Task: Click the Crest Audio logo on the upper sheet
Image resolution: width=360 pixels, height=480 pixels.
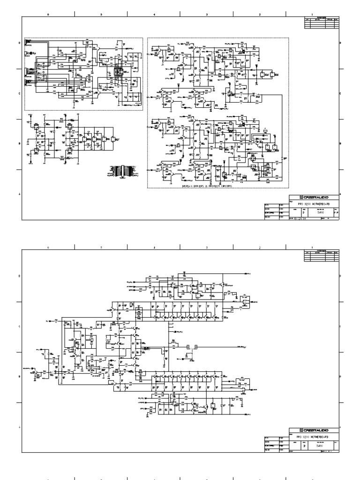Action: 313,197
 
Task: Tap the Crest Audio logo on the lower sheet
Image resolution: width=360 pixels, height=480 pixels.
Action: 313,430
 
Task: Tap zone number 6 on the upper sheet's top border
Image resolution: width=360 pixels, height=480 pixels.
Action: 48,15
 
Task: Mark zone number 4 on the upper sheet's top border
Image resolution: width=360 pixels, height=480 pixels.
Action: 154,15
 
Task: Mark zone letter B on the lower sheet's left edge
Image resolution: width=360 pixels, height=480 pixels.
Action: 19,377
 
